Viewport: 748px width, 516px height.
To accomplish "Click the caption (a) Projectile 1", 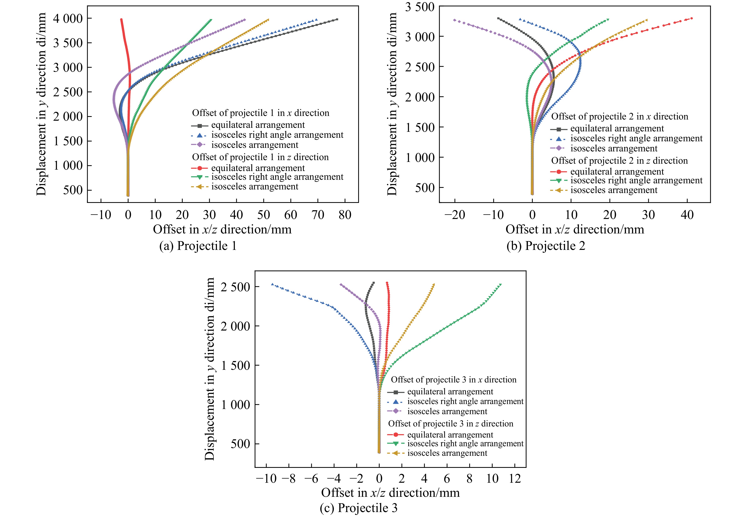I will pyautogui.click(x=198, y=246).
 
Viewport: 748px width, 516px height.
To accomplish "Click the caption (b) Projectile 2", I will pyautogui.click(x=546, y=246).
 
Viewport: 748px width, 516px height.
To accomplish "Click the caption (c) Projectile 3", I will pyautogui.click(x=358, y=508).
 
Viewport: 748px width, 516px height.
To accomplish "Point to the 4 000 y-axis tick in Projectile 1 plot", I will pyautogui.click(x=68, y=19).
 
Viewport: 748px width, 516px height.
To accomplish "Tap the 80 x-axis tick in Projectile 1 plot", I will pyautogui.click(x=345, y=215).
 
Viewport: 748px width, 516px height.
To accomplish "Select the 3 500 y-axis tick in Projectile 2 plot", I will pyautogui.click(x=420, y=7).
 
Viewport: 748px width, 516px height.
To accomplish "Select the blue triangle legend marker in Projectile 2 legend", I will pyautogui.click(x=558, y=139).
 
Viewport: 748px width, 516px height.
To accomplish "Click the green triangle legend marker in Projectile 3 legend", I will pyautogui.click(x=395, y=444).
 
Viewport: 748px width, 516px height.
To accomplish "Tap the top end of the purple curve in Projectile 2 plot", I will pyautogui.click(x=455, y=20).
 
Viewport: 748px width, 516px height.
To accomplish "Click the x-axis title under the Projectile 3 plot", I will pyautogui.click(x=390, y=493).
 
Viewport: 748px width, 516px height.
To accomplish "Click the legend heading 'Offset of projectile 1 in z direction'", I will pyautogui.click(x=260, y=157).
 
